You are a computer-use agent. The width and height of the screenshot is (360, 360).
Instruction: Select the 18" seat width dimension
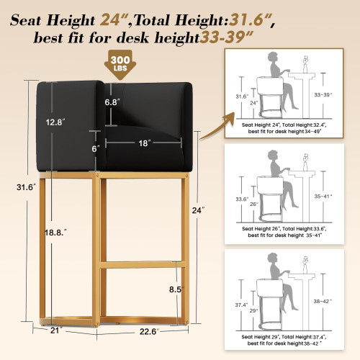tap(144, 143)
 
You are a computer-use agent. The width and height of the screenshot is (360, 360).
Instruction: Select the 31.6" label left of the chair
tap(13, 188)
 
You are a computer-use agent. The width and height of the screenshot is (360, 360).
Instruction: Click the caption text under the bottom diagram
tap(281, 340)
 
